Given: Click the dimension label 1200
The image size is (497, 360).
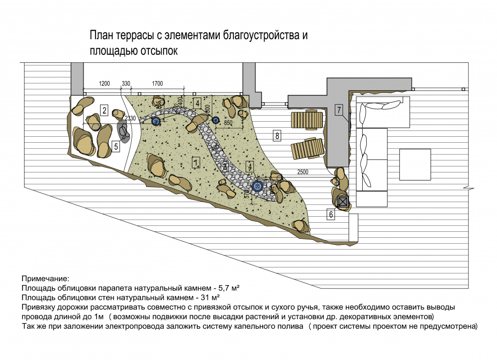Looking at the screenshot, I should (x=104, y=83).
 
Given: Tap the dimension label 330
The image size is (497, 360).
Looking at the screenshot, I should (x=126, y=83).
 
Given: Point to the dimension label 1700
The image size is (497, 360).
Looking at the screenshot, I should (x=157, y=83).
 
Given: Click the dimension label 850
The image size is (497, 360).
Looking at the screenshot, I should (x=228, y=123).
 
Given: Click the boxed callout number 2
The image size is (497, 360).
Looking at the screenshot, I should (x=104, y=111).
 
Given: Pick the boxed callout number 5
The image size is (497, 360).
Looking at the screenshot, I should (x=116, y=147).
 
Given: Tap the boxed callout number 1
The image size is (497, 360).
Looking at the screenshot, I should (x=196, y=161).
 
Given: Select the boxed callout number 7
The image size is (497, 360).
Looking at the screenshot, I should (x=339, y=110).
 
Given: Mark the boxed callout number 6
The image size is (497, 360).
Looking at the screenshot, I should (x=331, y=215).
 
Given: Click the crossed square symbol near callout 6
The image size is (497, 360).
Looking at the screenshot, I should (x=343, y=202).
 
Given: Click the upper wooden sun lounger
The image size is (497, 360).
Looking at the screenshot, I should (x=306, y=120).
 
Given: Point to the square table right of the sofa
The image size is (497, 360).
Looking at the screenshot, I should (x=415, y=164).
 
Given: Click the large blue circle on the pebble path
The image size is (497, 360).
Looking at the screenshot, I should (x=258, y=187).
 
